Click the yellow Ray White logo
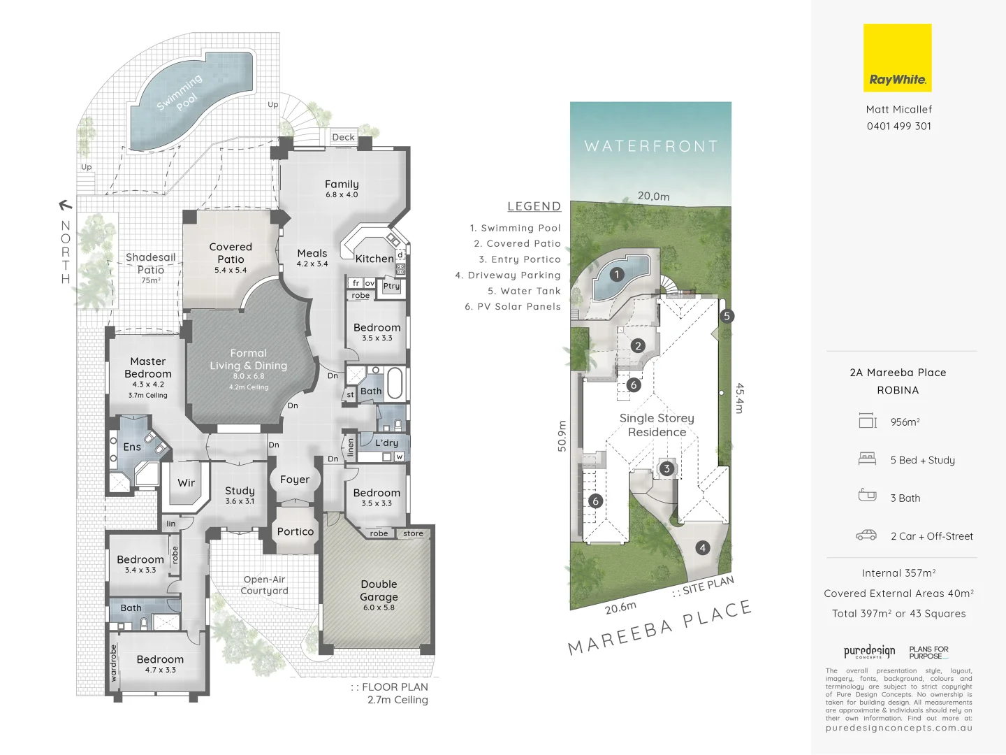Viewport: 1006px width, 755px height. coord(897,58)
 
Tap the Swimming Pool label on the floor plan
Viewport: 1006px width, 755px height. coord(179,92)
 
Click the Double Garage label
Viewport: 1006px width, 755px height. coord(379,591)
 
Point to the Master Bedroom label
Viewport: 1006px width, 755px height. coord(148,368)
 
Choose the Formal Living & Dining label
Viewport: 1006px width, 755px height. coord(249,359)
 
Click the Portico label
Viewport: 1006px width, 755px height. coord(296,531)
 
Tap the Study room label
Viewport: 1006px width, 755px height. coord(240,491)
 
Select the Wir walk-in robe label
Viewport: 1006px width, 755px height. coord(186,482)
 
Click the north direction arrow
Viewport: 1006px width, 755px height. coord(65,205)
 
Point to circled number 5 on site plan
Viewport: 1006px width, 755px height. coord(727,316)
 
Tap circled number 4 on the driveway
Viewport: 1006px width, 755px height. coord(703,548)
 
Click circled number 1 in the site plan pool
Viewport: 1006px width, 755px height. coord(617,274)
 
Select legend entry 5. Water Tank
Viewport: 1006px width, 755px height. coord(524,291)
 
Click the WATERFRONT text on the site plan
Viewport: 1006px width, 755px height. coord(651,146)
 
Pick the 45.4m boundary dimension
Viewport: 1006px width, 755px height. coord(739,398)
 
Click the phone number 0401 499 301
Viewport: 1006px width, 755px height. coord(898,126)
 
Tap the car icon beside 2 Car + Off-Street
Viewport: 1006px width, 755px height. coord(866,535)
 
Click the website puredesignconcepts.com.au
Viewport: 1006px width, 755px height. coord(898,728)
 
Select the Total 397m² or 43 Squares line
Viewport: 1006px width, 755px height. coord(898,613)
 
